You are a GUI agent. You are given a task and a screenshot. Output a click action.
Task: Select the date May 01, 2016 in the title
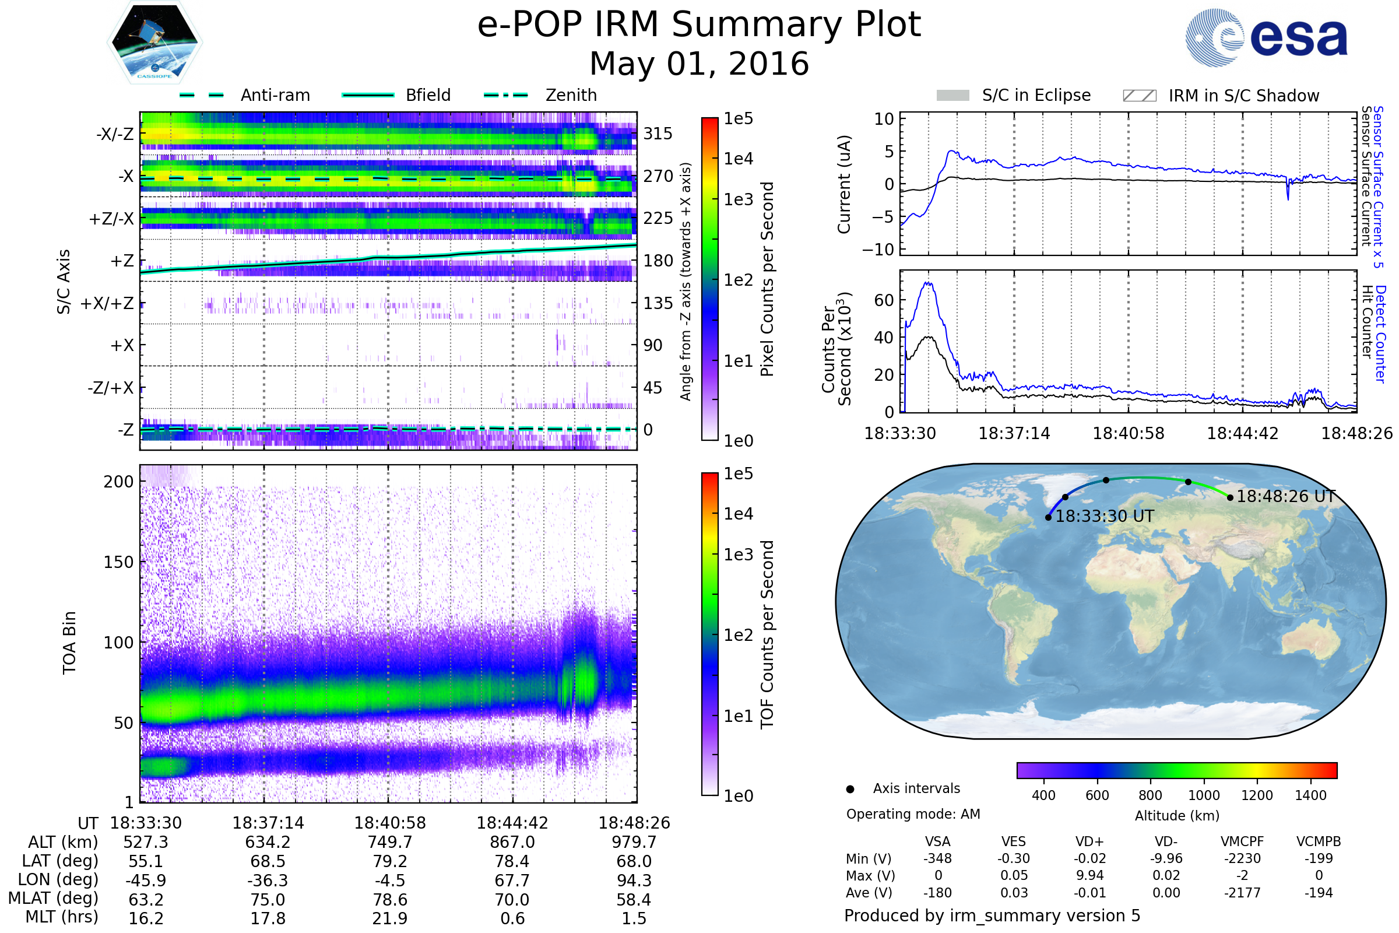click(x=699, y=64)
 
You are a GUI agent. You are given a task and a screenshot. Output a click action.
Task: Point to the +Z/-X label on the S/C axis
click(x=111, y=219)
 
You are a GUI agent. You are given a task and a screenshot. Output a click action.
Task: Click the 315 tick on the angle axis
click(x=658, y=134)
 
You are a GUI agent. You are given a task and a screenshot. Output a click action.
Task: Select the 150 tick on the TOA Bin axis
click(x=118, y=562)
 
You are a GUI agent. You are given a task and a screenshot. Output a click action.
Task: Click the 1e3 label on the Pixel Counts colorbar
click(x=738, y=200)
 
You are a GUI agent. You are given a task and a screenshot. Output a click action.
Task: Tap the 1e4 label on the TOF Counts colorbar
click(x=738, y=514)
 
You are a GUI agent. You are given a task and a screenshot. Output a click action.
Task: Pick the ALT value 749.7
click(x=389, y=842)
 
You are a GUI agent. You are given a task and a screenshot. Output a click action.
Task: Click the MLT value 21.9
click(x=389, y=918)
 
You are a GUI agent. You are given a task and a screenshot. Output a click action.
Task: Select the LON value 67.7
click(x=512, y=880)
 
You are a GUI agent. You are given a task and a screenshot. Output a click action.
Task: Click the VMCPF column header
click(x=1242, y=841)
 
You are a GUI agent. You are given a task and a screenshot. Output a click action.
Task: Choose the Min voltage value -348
click(x=937, y=858)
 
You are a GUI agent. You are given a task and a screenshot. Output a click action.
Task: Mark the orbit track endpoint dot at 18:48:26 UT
click(x=1230, y=497)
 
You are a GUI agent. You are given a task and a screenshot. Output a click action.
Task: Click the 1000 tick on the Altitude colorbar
click(x=1204, y=795)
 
